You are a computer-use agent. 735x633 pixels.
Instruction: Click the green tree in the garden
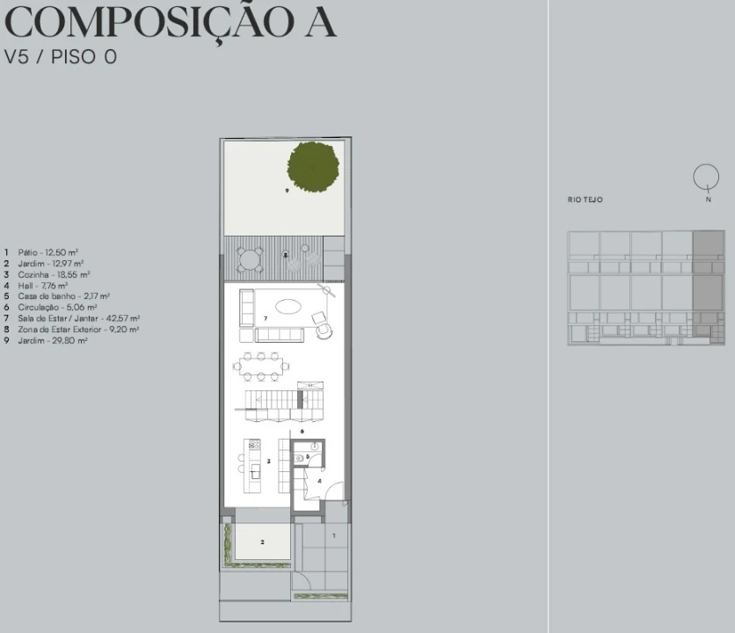(313, 166)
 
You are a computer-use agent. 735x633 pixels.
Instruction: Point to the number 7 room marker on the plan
(266, 316)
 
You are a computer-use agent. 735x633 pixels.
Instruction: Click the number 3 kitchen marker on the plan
(268, 461)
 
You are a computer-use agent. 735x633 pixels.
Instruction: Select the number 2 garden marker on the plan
(261, 543)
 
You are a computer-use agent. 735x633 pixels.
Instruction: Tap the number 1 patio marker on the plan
(334, 535)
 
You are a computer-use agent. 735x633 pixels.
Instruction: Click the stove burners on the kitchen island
(254, 445)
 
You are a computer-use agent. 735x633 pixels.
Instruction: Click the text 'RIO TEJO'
(586, 200)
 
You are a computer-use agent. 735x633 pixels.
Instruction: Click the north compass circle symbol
(704, 176)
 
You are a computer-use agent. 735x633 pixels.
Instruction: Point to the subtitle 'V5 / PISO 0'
(61, 57)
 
